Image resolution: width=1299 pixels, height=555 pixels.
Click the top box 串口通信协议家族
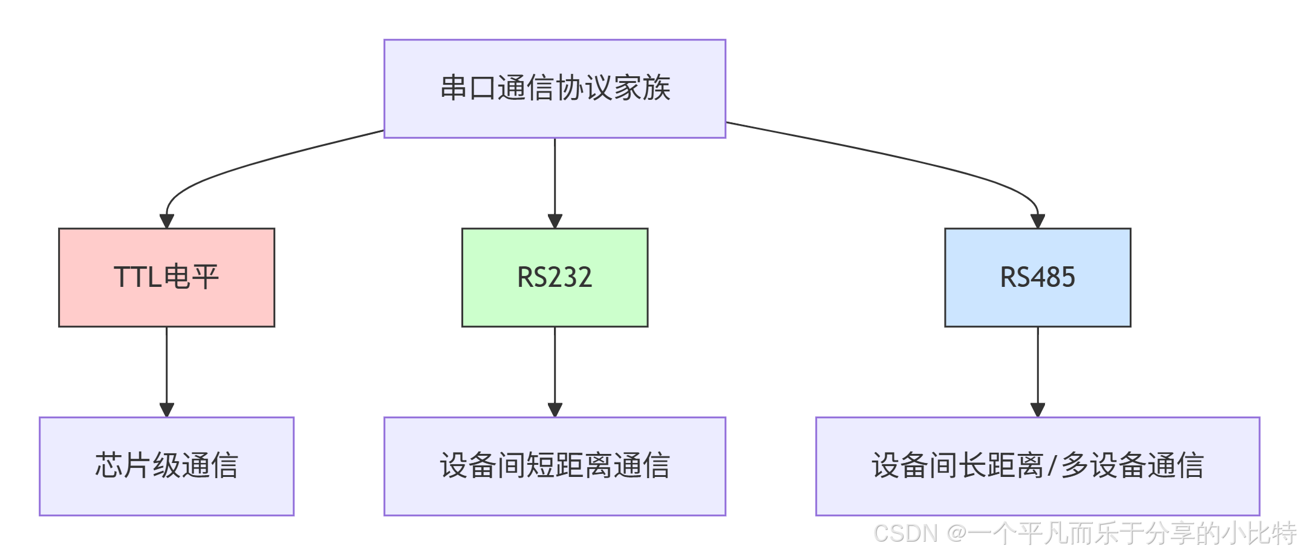[555, 88]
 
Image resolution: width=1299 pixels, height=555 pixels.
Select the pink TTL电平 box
[166, 277]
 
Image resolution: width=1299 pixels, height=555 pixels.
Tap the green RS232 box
[555, 277]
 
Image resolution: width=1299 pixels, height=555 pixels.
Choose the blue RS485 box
[1038, 277]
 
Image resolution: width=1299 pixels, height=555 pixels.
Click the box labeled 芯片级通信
[166, 466]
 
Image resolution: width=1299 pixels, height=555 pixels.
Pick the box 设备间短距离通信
[555, 466]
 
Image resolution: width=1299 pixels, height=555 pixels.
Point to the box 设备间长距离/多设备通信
[1038, 466]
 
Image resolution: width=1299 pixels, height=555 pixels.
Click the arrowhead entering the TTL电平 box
[167, 221]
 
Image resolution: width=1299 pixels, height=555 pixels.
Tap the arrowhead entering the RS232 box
[555, 221]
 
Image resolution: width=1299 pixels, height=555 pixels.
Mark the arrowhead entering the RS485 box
[1038, 221]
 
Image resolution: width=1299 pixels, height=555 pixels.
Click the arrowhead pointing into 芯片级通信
[167, 410]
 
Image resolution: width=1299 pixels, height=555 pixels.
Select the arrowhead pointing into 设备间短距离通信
[555, 410]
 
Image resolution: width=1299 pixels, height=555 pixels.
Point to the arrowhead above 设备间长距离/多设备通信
[1038, 410]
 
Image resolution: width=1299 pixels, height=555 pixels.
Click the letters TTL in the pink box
[138, 277]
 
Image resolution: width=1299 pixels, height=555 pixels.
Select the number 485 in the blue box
[1053, 277]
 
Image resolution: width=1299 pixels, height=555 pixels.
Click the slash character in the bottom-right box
[1052, 466]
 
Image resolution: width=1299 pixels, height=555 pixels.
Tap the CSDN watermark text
[906, 534]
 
